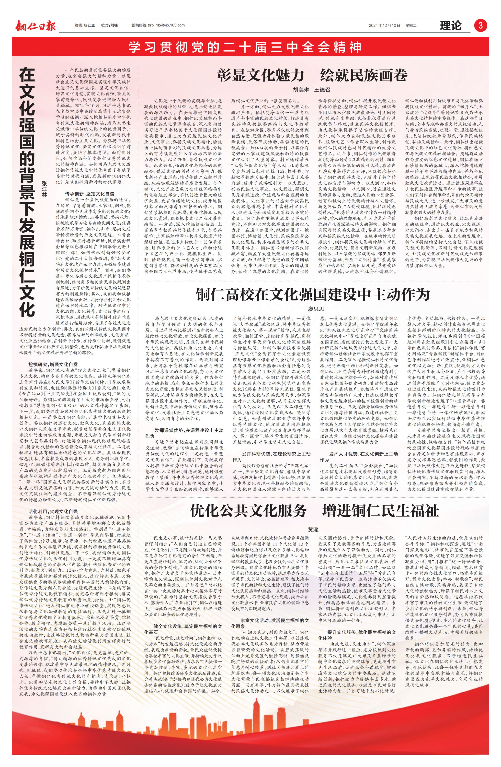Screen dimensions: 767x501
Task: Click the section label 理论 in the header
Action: coord(450,25)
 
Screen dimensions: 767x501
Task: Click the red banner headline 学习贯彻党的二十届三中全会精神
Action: coord(245,47)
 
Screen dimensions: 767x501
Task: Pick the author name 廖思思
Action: coord(316,309)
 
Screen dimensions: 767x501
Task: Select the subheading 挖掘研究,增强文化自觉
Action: coord(53,365)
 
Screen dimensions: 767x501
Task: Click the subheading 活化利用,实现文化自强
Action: coord(53,511)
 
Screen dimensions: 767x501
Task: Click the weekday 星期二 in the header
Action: coord(411,25)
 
